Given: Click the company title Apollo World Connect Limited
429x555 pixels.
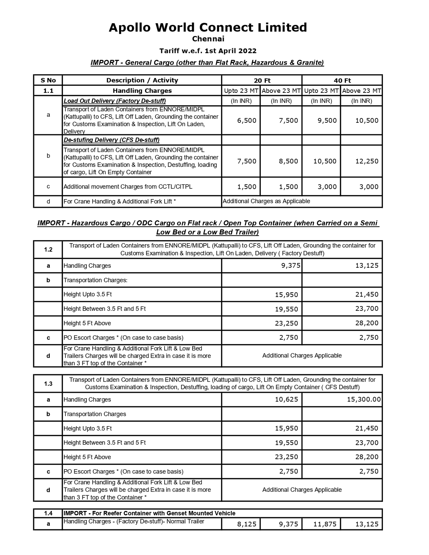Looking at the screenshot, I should (x=208, y=27).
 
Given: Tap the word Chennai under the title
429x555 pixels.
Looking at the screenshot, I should (x=208, y=39).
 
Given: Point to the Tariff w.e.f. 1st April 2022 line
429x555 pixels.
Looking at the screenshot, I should (x=208, y=51).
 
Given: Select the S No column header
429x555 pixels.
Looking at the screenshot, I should (x=48, y=80).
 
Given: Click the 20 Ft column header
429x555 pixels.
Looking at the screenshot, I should (x=262, y=80).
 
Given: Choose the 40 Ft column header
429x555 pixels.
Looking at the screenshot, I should (x=343, y=80).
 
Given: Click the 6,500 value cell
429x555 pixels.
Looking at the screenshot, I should (x=247, y=120).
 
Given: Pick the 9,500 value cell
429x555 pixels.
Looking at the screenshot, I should (x=327, y=120).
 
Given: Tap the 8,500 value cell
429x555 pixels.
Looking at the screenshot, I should (x=288, y=161).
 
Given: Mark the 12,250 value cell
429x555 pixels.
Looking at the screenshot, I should (x=367, y=161).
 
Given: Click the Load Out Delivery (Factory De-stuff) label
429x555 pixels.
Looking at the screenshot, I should (x=115, y=101).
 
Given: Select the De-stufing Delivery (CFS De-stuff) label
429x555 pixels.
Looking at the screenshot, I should (x=112, y=140).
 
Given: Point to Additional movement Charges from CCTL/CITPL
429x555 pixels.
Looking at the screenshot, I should (x=128, y=187).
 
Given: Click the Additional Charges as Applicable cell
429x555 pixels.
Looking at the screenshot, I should (x=266, y=201).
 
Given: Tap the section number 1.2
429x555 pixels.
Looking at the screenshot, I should (x=48, y=250).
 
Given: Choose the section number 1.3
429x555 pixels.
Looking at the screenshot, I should (x=48, y=384).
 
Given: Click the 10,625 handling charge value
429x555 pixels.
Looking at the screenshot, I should (x=286, y=400).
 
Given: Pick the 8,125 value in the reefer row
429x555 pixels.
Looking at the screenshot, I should (x=247, y=524).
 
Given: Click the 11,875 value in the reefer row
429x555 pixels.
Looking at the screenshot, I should (x=325, y=524).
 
